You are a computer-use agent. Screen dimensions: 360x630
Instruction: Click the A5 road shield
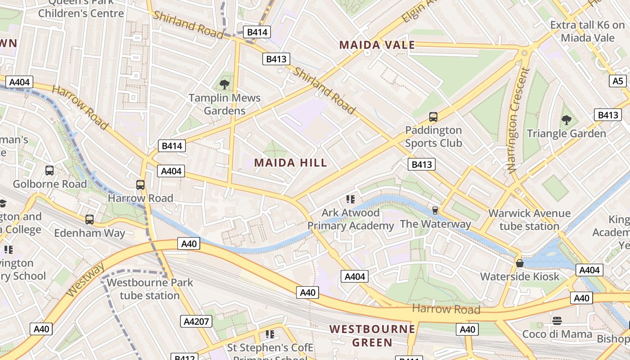coord(618,81)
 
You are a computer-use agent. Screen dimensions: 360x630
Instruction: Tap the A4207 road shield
coord(196,321)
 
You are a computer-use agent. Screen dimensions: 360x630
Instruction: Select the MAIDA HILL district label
coord(291,162)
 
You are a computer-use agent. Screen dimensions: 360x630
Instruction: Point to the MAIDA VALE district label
coord(377,45)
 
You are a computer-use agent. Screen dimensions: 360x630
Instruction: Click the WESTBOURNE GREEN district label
coord(372,336)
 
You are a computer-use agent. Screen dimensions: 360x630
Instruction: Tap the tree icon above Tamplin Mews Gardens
coord(224,85)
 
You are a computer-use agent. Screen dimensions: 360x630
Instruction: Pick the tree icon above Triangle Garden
coord(566,120)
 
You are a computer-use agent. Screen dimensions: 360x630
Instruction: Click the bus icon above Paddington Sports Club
coord(433,117)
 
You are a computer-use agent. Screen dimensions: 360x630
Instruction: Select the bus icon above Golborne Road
coord(49,171)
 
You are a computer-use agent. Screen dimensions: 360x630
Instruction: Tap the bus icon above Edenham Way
coord(90,220)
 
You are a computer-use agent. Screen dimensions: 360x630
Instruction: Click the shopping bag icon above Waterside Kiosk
coord(520,263)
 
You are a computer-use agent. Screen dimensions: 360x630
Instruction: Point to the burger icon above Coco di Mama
coord(557,321)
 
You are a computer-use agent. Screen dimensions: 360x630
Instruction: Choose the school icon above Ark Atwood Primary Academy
coord(351,199)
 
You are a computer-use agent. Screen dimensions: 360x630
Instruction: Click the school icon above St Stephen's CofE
coord(270,334)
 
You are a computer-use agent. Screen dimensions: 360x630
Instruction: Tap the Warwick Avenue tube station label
coord(529,220)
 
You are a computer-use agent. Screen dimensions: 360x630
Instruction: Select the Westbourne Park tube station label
coord(150,289)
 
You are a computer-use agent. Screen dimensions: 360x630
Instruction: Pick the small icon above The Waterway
coord(435,210)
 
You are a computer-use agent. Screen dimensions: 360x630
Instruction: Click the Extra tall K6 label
coord(587,31)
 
